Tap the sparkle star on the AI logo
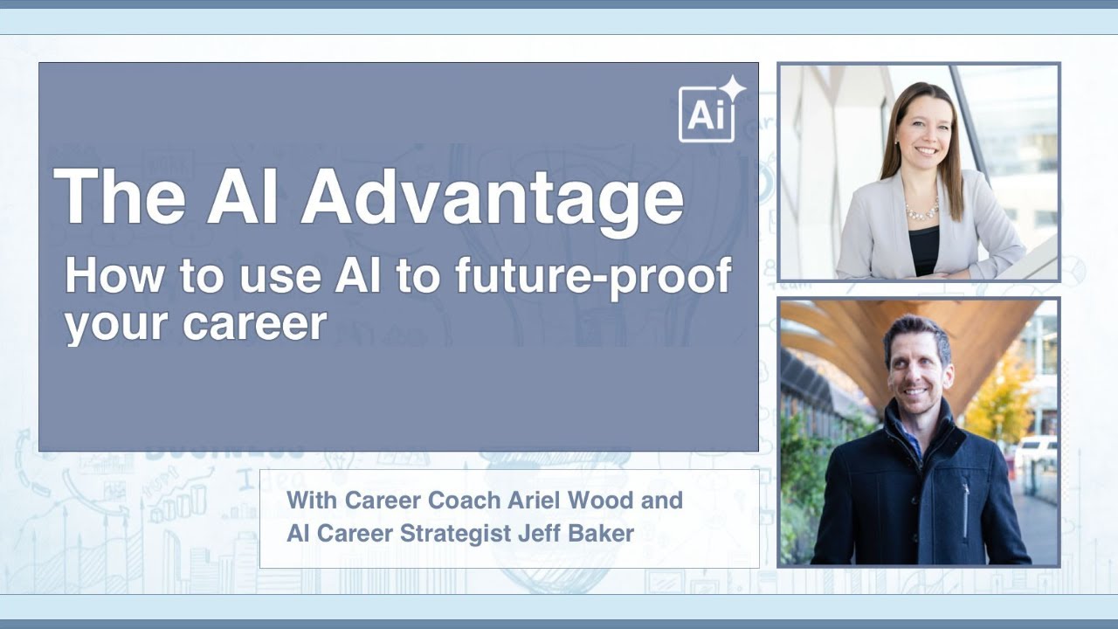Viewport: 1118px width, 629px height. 732,88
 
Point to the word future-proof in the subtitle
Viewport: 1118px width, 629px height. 593,277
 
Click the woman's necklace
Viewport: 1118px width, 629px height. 922,211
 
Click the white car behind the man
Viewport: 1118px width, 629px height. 1039,451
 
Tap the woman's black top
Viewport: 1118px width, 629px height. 924,248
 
